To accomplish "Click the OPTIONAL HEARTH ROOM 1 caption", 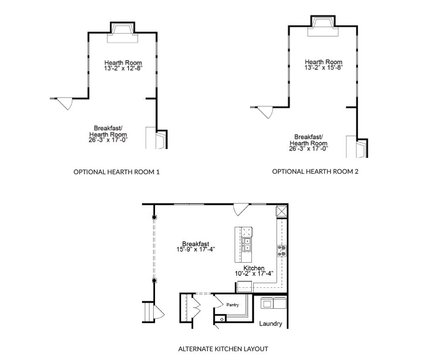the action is [x=116, y=172].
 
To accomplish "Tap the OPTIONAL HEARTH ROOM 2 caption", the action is [x=315, y=171].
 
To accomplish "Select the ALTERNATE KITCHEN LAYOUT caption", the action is [x=223, y=349].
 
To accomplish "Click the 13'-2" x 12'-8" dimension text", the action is [x=123, y=68].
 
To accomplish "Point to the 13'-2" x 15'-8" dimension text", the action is [x=323, y=68].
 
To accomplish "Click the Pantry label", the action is [x=233, y=305].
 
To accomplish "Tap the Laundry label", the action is [x=270, y=324].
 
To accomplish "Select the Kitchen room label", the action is [x=254, y=268].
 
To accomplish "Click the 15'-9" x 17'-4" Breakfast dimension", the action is [x=196, y=249].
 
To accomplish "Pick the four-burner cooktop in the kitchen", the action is [x=282, y=251].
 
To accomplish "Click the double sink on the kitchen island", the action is [x=247, y=244].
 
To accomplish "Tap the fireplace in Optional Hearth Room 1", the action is [x=122, y=32].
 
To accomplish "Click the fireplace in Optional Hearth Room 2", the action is [x=323, y=26].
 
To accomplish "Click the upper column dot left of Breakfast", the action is [x=154, y=217].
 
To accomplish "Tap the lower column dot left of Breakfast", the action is [x=154, y=280].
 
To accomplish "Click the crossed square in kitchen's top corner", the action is [x=281, y=211].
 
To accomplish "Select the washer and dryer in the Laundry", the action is [x=273, y=303].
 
